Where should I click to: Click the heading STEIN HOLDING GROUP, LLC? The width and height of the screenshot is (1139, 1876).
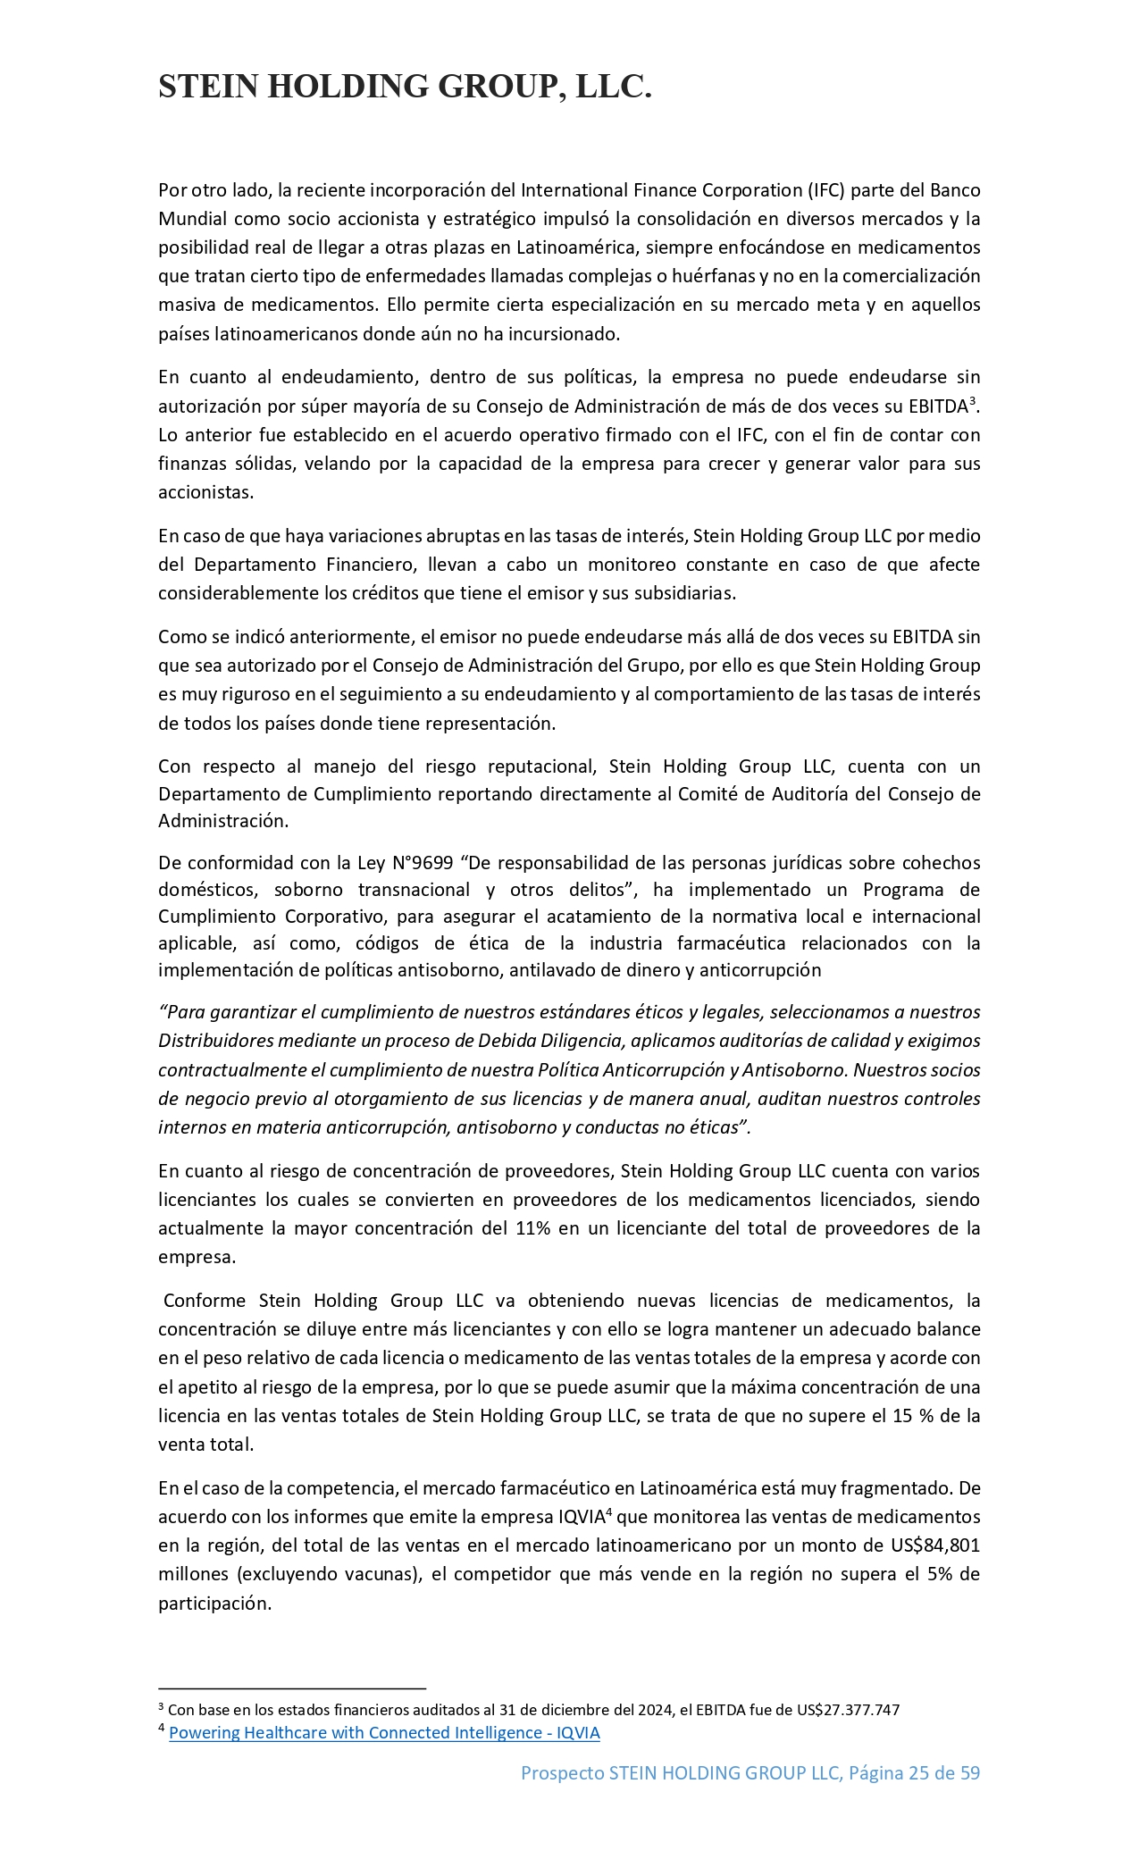[405, 87]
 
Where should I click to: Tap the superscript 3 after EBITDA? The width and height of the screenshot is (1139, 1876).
[972, 400]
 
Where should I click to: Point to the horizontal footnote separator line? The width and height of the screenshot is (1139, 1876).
[292, 1688]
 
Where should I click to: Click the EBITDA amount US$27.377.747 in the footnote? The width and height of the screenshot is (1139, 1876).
[848, 1709]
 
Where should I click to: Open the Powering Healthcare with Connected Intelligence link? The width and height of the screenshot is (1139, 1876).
[384, 1732]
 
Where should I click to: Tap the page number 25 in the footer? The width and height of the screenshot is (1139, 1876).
[918, 1772]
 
